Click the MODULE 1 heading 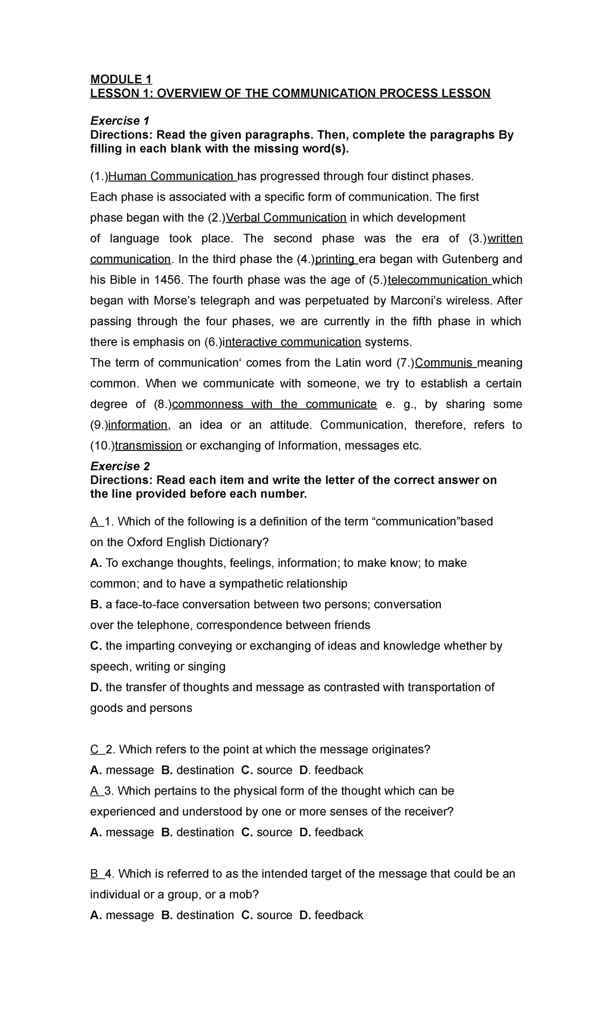121,79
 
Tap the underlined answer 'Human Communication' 171,176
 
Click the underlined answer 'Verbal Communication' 286,218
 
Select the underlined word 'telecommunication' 438,280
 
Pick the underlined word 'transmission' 149,446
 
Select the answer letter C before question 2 95,750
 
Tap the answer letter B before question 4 94,874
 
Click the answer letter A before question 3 94,791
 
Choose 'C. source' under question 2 267,770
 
